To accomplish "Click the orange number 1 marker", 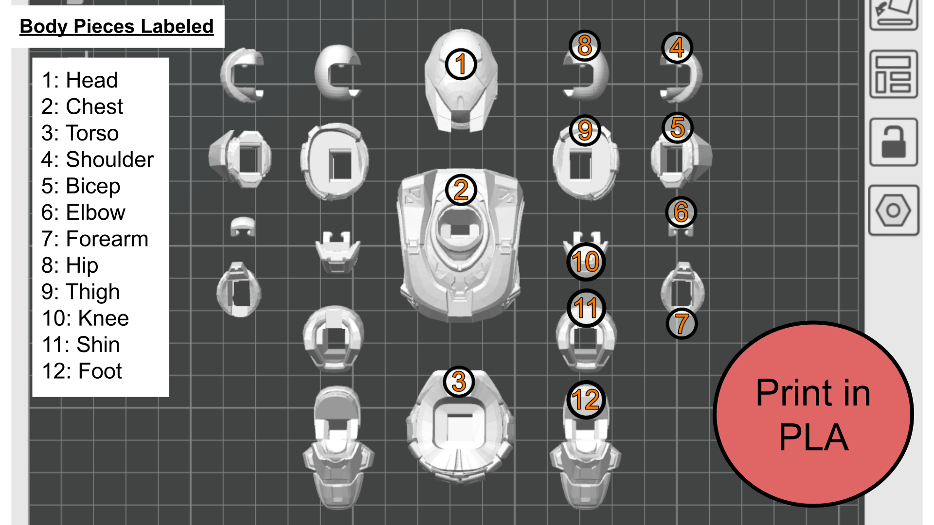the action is tap(461, 64).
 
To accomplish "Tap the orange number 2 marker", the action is tap(461, 190).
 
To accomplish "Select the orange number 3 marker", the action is tap(459, 382).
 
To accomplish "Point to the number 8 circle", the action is tap(585, 46).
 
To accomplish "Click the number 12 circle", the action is tap(586, 400).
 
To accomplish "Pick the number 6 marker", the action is tap(681, 212).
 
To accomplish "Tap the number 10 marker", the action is tap(586, 262).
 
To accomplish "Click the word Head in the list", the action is tap(92, 80).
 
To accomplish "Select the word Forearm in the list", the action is tap(107, 239).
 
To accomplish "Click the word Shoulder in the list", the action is tap(110, 159).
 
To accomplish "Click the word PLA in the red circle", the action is tap(813, 437).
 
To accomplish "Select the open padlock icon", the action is tap(894, 142).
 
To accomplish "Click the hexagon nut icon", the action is tap(894, 210).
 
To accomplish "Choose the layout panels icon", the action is tap(894, 74).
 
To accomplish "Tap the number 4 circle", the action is tap(677, 47).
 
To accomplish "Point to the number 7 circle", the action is tap(682, 323).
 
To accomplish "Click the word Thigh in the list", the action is tap(92, 292).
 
